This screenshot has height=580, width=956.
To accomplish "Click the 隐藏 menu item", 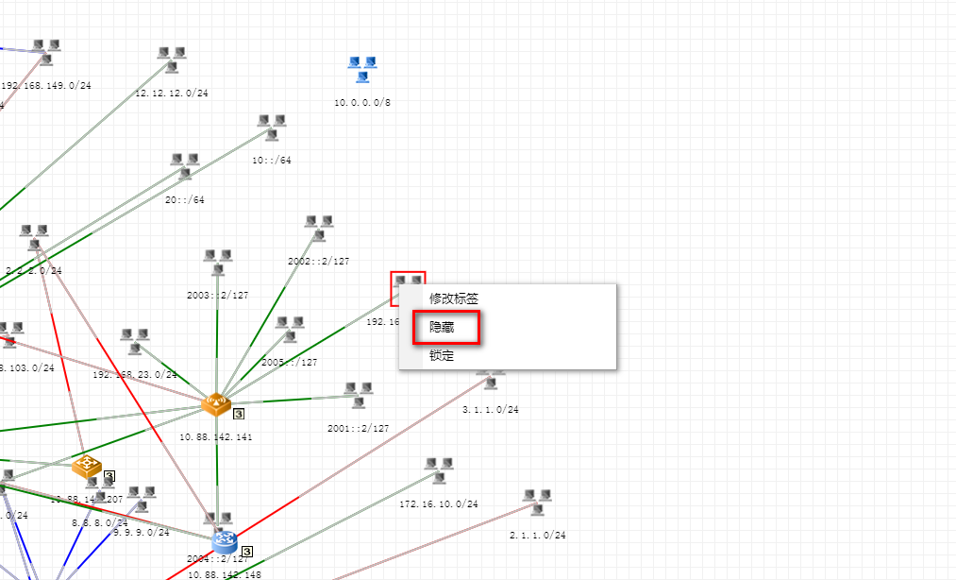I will tap(442, 327).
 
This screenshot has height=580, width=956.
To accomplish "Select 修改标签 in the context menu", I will tap(454, 298).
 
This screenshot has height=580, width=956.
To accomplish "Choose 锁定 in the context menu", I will tap(442, 356).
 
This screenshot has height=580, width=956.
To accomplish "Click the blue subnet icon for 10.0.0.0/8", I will tap(362, 68).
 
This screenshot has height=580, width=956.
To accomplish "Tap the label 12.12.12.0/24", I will tap(172, 94).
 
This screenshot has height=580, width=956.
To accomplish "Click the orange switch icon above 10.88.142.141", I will tap(216, 405).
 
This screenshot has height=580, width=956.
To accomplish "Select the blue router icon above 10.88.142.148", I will tap(225, 541).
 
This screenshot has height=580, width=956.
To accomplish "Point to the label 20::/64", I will tap(185, 199).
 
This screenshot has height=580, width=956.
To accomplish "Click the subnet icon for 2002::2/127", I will tap(319, 228).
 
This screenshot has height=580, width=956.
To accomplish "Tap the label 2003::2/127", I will tap(218, 295).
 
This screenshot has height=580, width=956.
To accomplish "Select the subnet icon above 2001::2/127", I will tap(358, 395).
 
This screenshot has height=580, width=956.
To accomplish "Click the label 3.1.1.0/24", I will tap(490, 410).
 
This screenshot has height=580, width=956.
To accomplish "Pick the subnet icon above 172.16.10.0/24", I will tap(439, 470).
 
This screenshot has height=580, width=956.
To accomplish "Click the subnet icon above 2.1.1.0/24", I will tap(537, 502).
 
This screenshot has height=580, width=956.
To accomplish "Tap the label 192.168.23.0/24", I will tap(134, 374).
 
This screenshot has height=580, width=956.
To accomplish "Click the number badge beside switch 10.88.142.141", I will tap(239, 412).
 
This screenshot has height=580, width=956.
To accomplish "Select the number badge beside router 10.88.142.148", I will tap(246, 551).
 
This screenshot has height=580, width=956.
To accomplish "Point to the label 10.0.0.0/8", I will tap(362, 102).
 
